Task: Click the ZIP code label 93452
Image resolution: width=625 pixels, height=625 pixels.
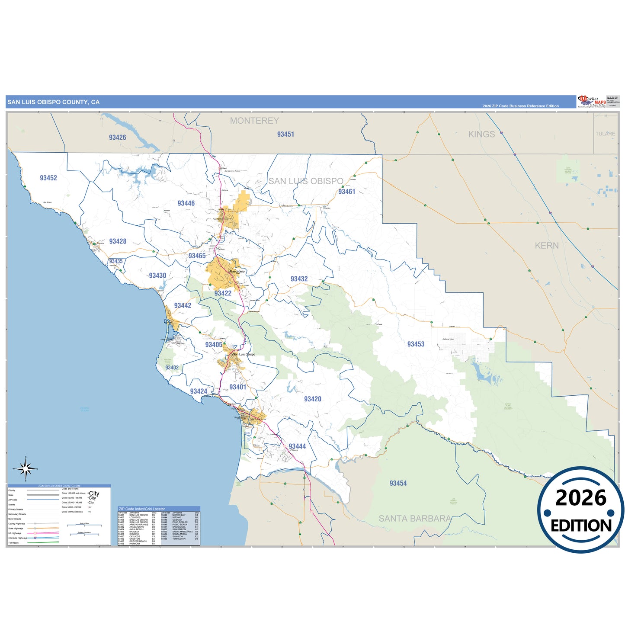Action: click(x=48, y=178)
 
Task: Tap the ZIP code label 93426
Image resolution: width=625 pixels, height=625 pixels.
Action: click(x=117, y=138)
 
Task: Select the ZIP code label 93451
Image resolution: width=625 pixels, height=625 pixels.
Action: click(x=285, y=135)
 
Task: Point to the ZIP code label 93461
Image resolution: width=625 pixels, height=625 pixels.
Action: click(x=346, y=192)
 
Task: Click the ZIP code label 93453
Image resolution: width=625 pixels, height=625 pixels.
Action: click(x=416, y=344)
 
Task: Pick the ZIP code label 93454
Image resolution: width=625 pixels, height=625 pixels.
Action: click(x=398, y=483)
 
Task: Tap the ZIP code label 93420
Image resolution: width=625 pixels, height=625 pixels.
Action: click(x=313, y=399)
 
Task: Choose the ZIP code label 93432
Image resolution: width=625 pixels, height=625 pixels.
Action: click(x=299, y=279)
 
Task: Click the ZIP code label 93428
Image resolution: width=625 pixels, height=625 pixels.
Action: click(x=118, y=241)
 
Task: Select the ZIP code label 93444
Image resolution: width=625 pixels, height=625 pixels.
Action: click(x=297, y=446)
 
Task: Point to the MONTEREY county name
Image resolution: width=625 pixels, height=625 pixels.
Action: click(x=254, y=121)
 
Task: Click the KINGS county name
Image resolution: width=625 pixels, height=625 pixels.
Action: click(x=481, y=134)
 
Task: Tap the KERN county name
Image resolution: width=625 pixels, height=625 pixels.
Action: click(x=547, y=246)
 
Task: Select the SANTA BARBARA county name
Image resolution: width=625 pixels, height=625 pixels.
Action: click(x=415, y=518)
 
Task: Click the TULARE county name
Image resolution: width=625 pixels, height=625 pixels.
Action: click(x=605, y=134)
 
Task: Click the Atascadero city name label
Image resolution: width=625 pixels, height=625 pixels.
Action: click(x=237, y=272)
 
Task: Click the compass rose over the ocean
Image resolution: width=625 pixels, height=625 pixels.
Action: click(x=26, y=468)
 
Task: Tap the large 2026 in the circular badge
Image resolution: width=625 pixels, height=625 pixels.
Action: click(x=581, y=498)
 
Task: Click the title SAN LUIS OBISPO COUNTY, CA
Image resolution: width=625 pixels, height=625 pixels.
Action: click(x=54, y=102)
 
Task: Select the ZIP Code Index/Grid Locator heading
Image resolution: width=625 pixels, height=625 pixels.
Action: click(x=142, y=509)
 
